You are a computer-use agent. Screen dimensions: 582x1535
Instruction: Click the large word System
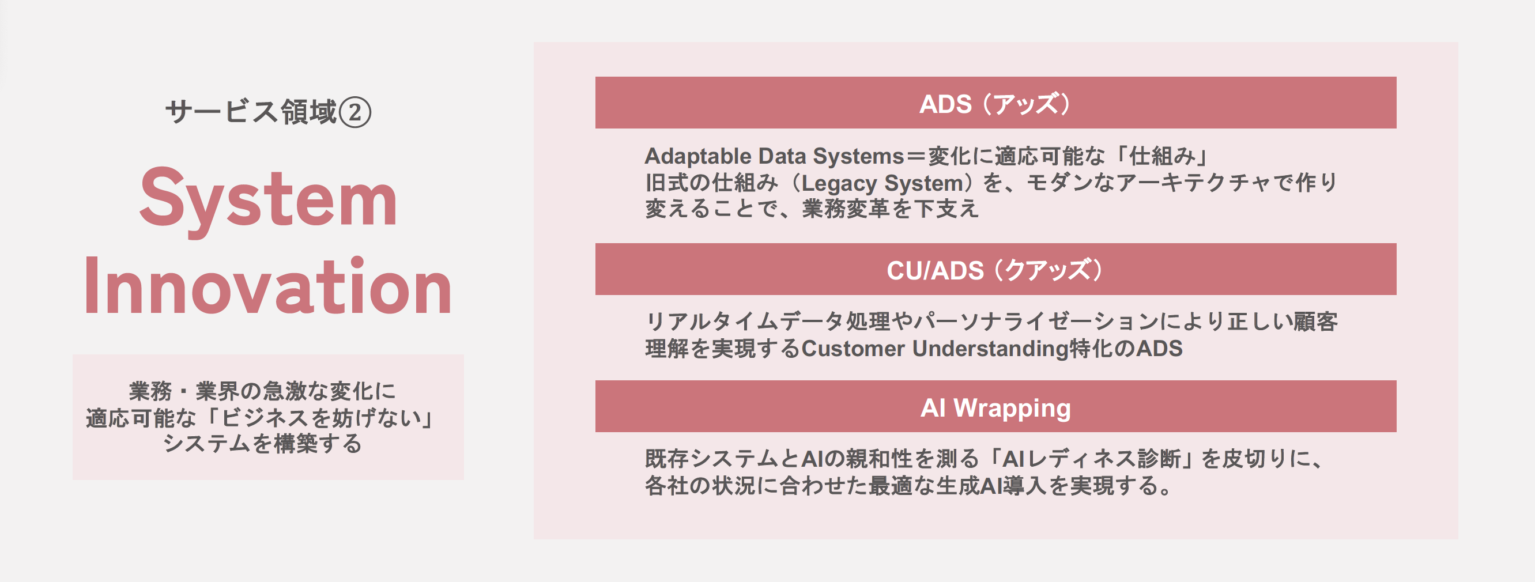click(268, 198)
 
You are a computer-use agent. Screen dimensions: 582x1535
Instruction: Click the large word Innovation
click(268, 288)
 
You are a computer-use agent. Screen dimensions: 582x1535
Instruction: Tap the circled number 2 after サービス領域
click(355, 112)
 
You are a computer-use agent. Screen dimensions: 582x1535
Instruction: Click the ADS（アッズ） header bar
click(995, 103)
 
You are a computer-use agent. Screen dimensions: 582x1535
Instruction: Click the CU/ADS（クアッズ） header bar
click(995, 270)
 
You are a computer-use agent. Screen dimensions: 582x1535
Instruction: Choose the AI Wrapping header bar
click(995, 407)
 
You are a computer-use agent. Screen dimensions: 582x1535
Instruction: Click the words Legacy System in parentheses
click(882, 183)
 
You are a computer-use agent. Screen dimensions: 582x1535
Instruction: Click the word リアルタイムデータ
click(745, 322)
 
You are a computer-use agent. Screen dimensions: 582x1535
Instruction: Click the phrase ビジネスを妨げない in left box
click(321, 418)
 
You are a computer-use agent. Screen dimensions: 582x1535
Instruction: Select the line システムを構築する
click(262, 444)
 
